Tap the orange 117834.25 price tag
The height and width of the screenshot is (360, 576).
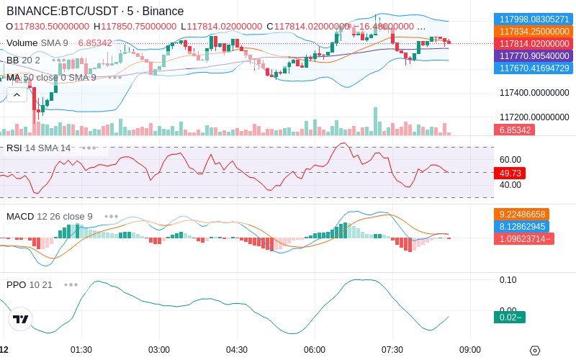click(x=534, y=31)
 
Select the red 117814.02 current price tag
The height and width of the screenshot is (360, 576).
click(x=534, y=44)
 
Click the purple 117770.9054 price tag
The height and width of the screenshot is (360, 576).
click(x=534, y=56)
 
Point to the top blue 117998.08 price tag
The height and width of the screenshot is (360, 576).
click(x=534, y=19)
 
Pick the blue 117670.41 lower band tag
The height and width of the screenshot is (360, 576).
click(x=534, y=68)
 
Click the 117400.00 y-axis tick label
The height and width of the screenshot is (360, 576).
click(x=534, y=93)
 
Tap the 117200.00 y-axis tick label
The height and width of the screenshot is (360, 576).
click(x=534, y=117)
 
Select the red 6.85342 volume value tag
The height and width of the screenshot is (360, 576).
click(x=514, y=130)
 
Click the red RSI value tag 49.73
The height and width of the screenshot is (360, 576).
click(x=510, y=173)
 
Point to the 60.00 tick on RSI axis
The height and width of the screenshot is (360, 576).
click(x=510, y=159)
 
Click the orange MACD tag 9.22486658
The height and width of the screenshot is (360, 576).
click(x=521, y=214)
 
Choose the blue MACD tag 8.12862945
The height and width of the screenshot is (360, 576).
click(x=521, y=226)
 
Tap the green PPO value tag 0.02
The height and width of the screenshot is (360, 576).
click(x=510, y=317)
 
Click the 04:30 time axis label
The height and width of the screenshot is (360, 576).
click(x=237, y=350)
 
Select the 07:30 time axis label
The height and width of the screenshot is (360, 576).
click(x=392, y=350)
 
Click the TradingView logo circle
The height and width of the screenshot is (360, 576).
click(x=21, y=319)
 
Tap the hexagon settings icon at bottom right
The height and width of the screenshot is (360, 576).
click(x=535, y=351)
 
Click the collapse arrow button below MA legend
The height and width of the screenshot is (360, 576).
click(x=17, y=95)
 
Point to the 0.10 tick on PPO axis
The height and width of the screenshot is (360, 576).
click(x=508, y=280)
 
